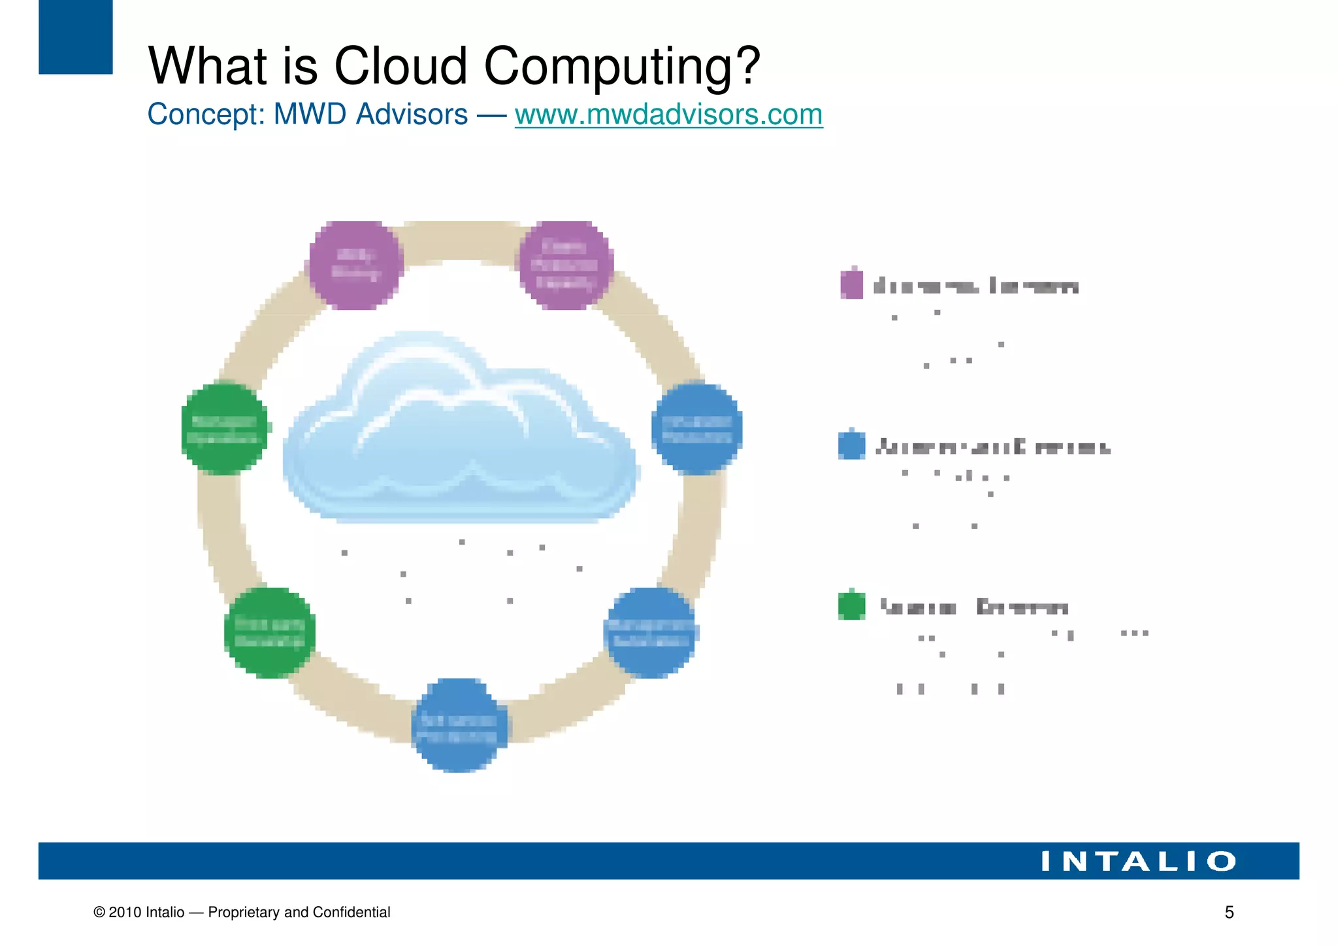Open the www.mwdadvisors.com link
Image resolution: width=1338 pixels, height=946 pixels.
tap(668, 115)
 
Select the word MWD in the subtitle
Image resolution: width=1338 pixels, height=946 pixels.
tap(310, 115)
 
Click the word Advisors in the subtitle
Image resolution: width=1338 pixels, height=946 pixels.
tap(412, 115)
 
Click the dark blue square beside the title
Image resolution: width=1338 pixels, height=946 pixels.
tap(75, 37)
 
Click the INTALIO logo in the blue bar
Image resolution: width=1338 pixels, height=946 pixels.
tap(1138, 861)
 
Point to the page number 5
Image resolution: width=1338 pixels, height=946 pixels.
tap(1229, 913)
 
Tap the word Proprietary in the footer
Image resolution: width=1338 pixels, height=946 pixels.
tap(244, 913)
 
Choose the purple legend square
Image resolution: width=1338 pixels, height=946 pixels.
tap(851, 284)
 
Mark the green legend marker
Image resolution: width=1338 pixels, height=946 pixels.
tap(851, 605)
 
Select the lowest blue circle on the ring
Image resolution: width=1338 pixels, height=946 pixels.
tap(459, 726)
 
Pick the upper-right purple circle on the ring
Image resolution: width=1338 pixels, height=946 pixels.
tap(565, 264)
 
